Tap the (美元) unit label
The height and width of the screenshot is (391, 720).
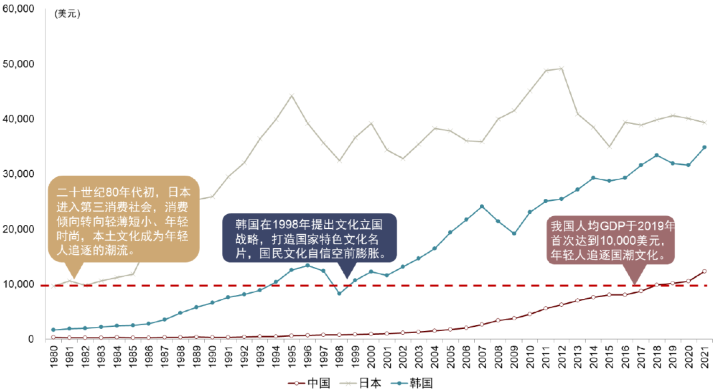68,14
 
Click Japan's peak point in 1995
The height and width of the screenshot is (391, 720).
291,95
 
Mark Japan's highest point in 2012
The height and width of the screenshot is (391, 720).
561,68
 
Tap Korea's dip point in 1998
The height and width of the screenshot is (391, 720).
339,294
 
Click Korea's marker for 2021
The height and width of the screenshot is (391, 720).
704,147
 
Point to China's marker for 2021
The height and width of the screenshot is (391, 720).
704,271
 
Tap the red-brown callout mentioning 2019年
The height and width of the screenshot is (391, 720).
611,240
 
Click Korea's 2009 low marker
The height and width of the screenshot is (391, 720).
514,234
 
